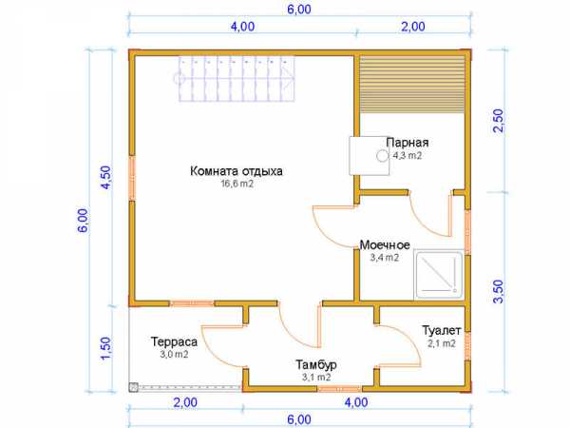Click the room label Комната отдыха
pyautogui.click(x=237, y=171)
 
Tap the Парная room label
pyautogui.click(x=408, y=143)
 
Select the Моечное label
pyautogui.click(x=385, y=245)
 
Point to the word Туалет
pyautogui.click(x=442, y=330)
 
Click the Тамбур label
pyautogui.click(x=316, y=364)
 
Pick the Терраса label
pyautogui.click(x=174, y=341)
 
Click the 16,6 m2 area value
pyautogui.click(x=237, y=184)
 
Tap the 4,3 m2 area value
pyautogui.click(x=408, y=155)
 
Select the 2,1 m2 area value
pyautogui.click(x=442, y=343)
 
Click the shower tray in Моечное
pyautogui.click(x=439, y=275)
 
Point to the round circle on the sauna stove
pyautogui.click(x=382, y=156)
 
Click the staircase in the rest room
pyautogui.click(x=237, y=78)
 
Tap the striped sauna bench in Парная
pyautogui.click(x=412, y=85)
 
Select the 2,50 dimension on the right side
pyautogui.click(x=500, y=121)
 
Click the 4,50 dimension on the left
pyautogui.click(x=105, y=177)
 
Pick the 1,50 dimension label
pyautogui.click(x=105, y=348)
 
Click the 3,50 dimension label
pyautogui.click(x=500, y=291)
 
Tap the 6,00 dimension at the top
pyautogui.click(x=299, y=10)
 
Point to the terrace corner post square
pyautogui.click(x=134, y=387)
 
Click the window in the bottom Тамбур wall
pyautogui.click(x=340, y=389)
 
